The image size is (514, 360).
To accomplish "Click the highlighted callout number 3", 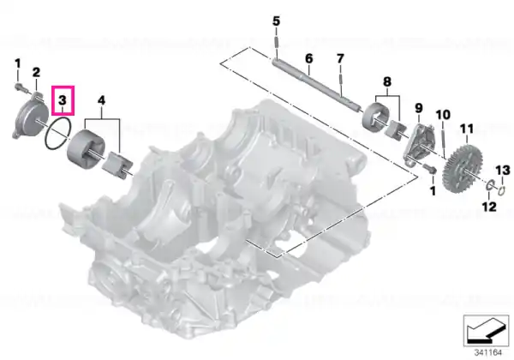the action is click(63, 100).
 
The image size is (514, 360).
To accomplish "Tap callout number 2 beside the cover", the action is click(36, 72).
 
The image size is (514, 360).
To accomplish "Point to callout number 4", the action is click(102, 100).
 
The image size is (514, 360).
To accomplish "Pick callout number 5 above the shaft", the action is click(277, 21).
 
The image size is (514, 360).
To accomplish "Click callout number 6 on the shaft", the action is click(308, 58).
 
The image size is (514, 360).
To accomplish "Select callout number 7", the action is click(340, 58).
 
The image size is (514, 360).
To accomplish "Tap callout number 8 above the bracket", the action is click(387, 81).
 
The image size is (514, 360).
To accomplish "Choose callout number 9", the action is click(419, 108).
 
